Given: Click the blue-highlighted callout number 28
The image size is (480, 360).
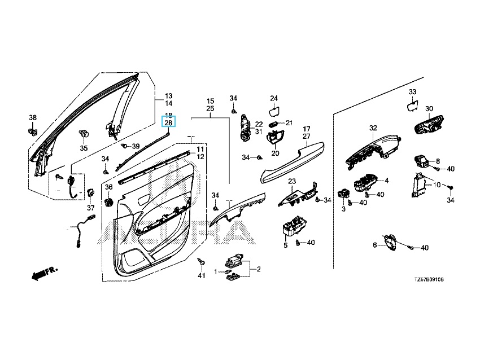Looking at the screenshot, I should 168,123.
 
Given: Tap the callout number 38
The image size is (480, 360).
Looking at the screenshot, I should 33,118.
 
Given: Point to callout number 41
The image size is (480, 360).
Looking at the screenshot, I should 202,275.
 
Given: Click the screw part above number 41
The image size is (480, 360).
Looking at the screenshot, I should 202,262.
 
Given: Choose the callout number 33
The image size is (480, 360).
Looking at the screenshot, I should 412,92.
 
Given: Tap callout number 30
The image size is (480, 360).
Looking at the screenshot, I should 429,109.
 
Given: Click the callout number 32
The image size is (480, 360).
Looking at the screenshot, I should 373,128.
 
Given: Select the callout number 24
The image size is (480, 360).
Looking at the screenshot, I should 274,98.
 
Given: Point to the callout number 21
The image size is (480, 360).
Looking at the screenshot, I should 290,123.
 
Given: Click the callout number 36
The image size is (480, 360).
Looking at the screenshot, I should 108,187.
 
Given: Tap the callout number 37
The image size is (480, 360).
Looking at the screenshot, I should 90,208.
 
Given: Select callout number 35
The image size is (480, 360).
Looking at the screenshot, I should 84,148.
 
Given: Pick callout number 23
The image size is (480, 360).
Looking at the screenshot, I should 292,181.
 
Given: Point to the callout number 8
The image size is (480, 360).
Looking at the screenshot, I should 437,161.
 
